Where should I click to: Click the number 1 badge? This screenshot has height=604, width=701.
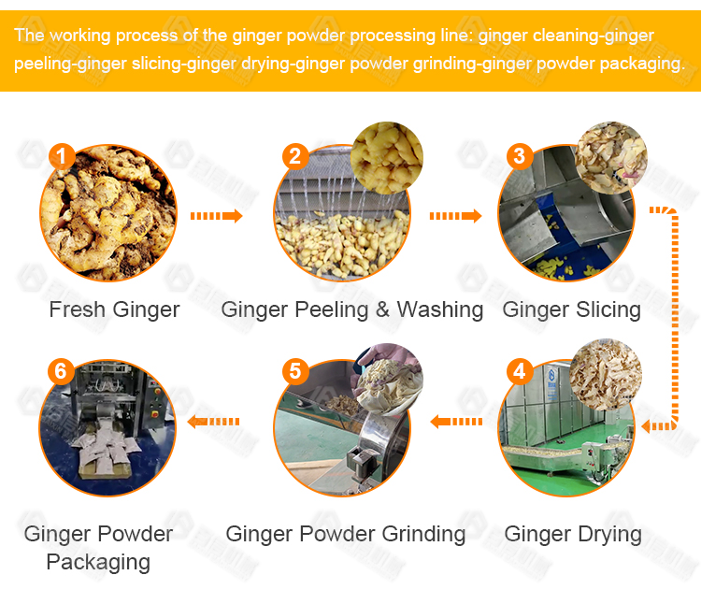coord(62,156)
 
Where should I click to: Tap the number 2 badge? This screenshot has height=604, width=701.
coord(295,156)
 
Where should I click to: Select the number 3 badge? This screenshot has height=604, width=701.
coord(520,156)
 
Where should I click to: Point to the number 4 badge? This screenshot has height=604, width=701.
coord(520,371)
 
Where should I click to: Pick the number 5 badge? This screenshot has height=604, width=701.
coord(295,371)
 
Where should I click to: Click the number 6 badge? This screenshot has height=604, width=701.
coord(62,371)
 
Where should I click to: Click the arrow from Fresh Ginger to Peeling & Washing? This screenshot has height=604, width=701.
coord(217,216)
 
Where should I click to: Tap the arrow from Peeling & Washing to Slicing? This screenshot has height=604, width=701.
coord(455,216)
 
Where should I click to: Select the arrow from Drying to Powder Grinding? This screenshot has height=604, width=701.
coord(456,421)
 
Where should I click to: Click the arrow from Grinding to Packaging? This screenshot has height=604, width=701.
coord(214,421)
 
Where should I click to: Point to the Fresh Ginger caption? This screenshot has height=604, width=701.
coord(114,309)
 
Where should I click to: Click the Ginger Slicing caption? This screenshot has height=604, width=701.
coord(572,310)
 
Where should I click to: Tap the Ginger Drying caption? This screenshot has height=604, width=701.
coord(573,535)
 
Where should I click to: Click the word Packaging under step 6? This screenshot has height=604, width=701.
coord(98,563)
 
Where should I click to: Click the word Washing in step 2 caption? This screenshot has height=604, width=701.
coord(440,310)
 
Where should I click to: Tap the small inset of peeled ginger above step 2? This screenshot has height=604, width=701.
coord(387,158)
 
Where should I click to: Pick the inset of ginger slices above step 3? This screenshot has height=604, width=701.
coord(611,158)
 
